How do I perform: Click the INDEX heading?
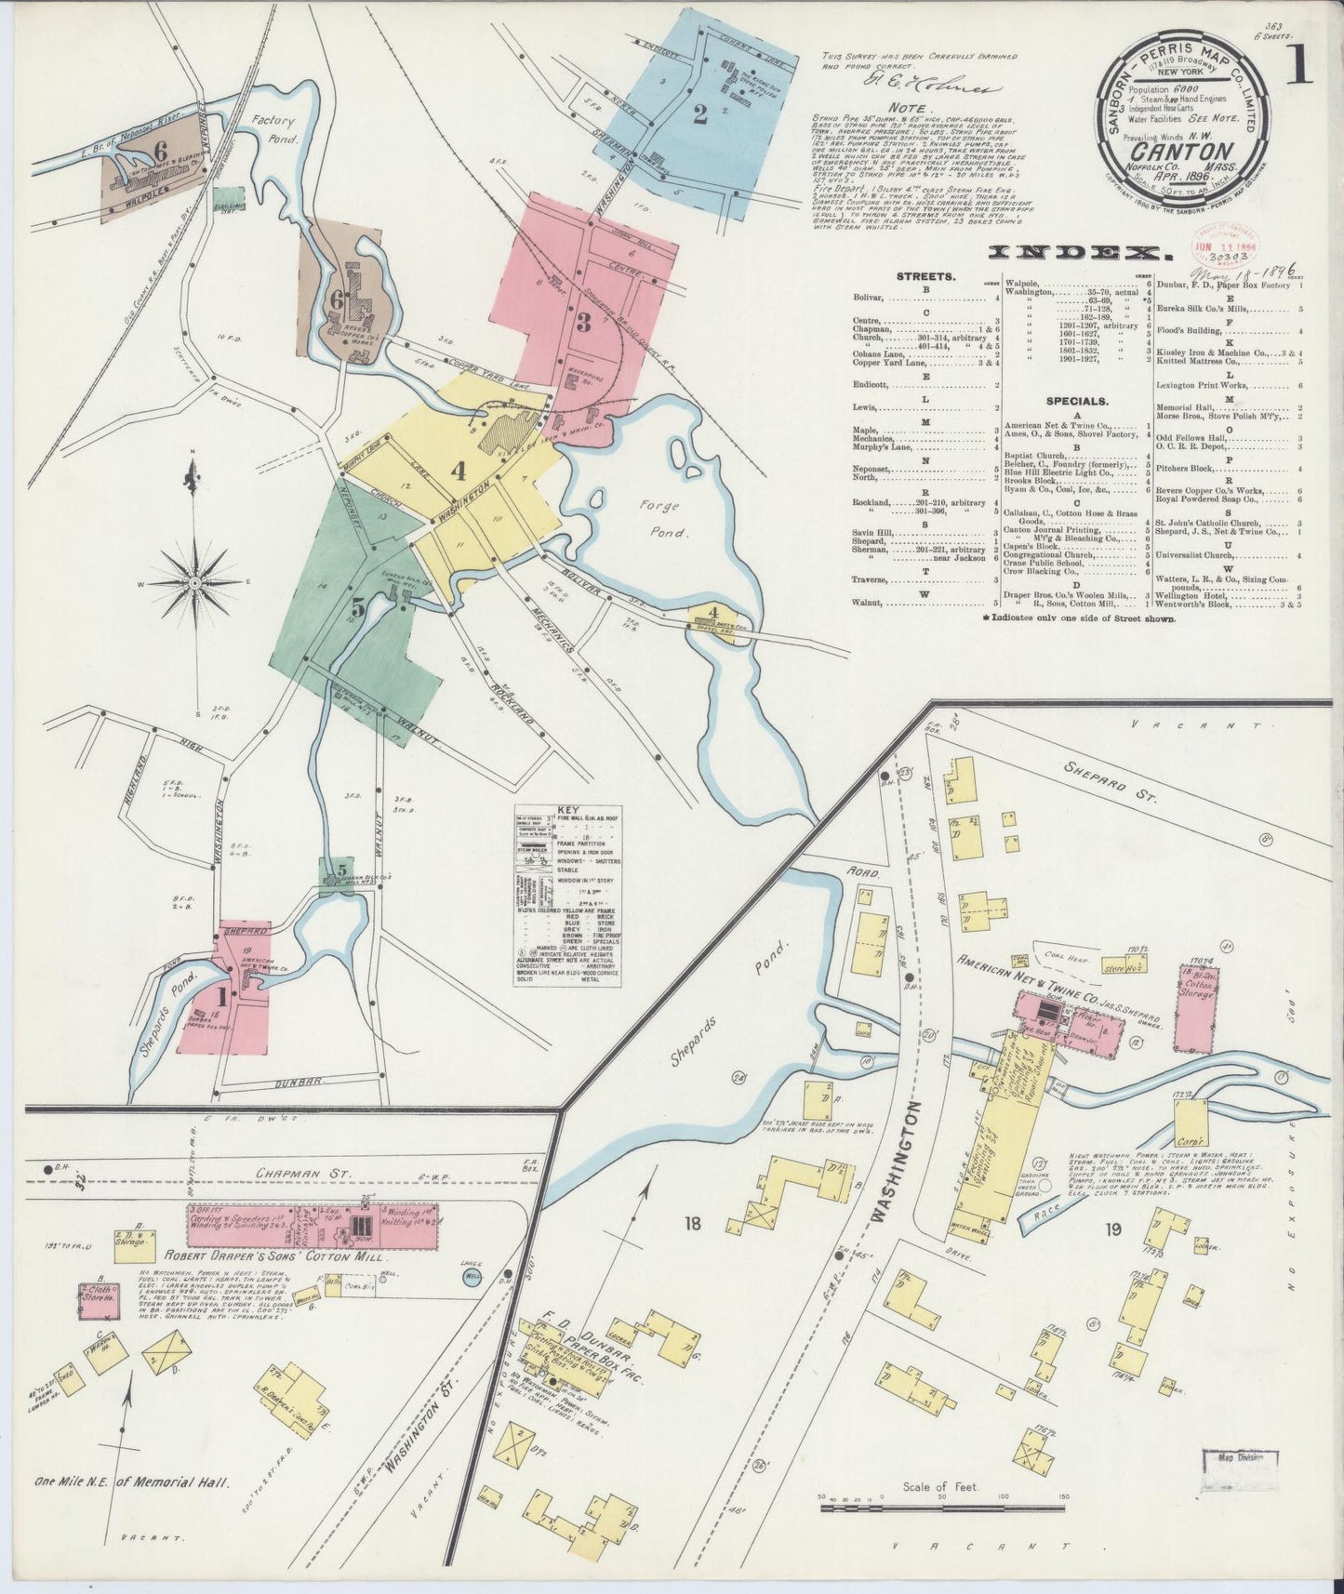click(1076, 252)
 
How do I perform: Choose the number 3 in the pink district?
click(583, 324)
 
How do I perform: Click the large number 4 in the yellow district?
click(458, 472)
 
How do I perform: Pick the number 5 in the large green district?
click(358, 607)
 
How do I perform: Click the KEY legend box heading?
click(567, 809)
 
